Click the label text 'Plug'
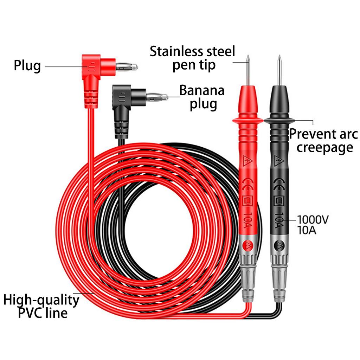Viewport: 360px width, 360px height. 27,66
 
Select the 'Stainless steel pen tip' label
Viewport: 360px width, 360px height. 192,58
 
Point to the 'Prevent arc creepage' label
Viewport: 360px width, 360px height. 323,141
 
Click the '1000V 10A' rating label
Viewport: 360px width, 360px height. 313,225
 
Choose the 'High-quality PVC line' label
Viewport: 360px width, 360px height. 41,306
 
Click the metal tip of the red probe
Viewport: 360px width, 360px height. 248,70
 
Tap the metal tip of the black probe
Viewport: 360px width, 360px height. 279,70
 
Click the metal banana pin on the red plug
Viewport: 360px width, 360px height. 127,66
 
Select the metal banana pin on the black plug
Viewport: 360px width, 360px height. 157,96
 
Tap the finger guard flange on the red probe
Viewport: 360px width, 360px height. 247,121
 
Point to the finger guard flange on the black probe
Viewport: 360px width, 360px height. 279,121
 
